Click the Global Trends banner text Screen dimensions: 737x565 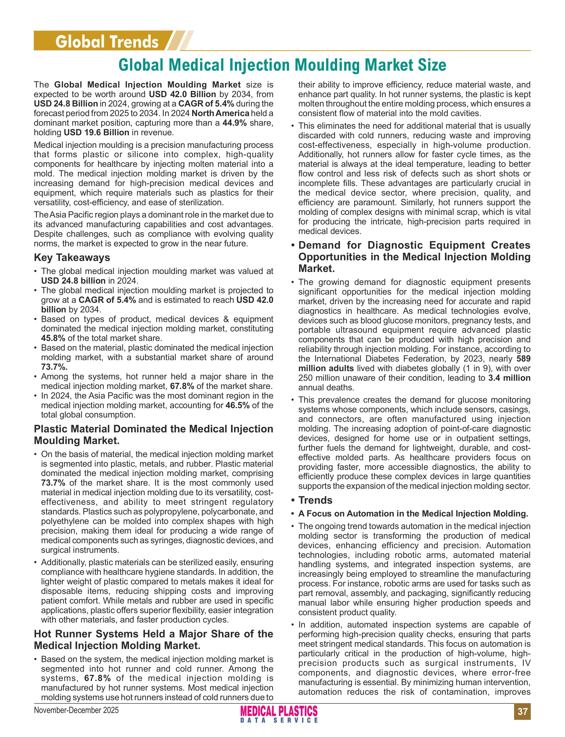(x=107, y=42)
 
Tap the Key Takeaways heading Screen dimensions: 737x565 (x=72, y=258)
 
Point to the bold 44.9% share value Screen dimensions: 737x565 (x=234, y=123)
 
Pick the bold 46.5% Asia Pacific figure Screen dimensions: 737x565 (x=237, y=405)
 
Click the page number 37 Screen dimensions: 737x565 (x=522, y=711)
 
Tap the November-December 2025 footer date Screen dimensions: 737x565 (x=76, y=710)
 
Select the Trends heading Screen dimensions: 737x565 (x=315, y=500)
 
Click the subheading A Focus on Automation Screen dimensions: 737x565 (x=413, y=514)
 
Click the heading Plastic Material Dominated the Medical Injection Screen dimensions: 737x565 (x=153, y=429)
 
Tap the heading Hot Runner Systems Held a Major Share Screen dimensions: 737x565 (x=153, y=634)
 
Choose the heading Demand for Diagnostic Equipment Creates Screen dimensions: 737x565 (x=414, y=245)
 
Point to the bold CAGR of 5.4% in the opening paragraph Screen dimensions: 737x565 (x=206, y=104)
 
